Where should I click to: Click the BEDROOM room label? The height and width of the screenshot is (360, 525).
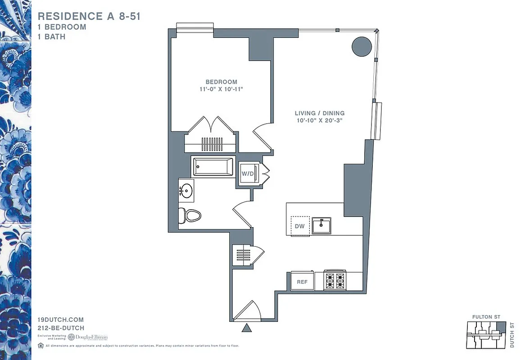click(221, 82)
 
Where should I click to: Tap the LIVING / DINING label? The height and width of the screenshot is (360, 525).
click(320, 113)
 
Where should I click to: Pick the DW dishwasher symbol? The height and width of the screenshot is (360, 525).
click(300, 226)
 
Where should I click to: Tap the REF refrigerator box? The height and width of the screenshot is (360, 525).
click(302, 282)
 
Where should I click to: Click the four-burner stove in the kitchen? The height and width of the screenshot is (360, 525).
click(335, 281)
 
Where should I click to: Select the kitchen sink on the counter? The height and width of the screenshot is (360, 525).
click(321, 225)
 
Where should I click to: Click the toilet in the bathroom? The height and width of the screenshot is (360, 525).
click(190, 216)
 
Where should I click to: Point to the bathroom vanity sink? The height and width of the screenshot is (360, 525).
click(186, 190)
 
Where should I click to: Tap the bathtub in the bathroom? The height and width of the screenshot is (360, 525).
click(213, 166)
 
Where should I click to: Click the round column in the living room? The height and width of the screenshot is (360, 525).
click(362, 46)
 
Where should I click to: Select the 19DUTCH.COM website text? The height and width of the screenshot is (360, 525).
click(60, 320)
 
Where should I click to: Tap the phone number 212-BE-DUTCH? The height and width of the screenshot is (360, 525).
click(61, 328)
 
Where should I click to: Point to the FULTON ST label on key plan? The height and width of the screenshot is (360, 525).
click(486, 317)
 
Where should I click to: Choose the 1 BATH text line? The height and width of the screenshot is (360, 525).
click(51, 36)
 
